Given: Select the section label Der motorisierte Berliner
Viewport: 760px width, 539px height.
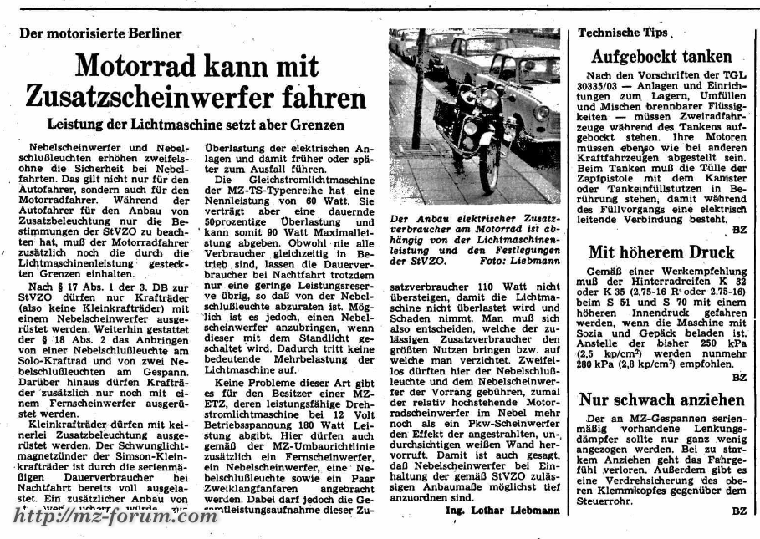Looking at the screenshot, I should (100, 33).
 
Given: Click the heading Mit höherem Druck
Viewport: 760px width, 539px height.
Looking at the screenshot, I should (661, 252).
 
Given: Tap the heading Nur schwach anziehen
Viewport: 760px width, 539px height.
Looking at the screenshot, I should (661, 399).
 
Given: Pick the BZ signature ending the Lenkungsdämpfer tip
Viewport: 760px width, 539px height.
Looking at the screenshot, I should (738, 510).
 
